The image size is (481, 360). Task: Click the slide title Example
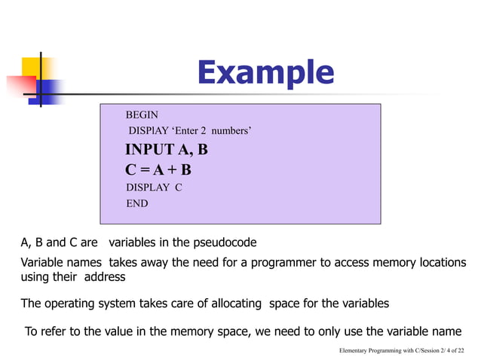(265, 73)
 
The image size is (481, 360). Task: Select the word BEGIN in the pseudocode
(142, 115)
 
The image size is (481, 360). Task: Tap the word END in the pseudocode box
(136, 203)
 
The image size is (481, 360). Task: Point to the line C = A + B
(158, 169)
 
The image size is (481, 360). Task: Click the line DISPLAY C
(154, 188)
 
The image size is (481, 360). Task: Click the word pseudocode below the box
(224, 243)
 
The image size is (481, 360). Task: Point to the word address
(106, 276)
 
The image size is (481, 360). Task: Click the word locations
(436, 262)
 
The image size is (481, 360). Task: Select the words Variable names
(54, 262)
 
